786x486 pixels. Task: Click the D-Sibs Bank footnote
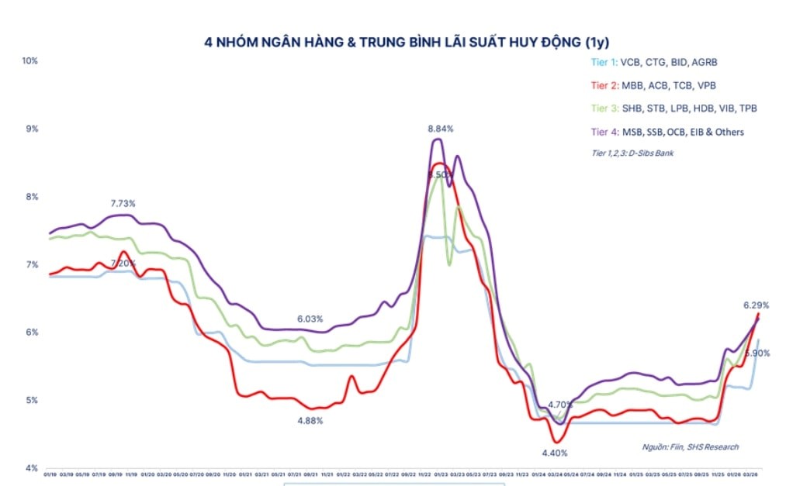tap(632, 153)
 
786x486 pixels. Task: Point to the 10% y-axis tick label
tap(29, 60)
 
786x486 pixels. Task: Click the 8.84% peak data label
tap(441, 128)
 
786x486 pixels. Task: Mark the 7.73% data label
tap(123, 204)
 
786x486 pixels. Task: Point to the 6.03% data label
tap(310, 319)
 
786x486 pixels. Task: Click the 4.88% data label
tap(310, 421)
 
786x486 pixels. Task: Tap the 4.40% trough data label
tap(555, 452)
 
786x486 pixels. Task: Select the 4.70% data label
tap(560, 405)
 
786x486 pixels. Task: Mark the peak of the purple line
tap(438, 140)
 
